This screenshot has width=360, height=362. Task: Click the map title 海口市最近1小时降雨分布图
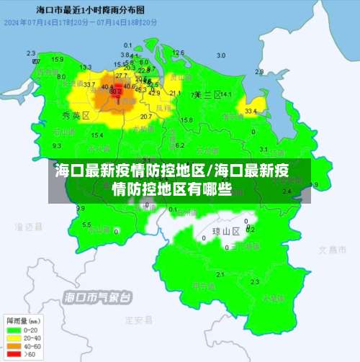tap(90, 12)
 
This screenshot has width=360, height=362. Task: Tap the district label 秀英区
tap(76, 115)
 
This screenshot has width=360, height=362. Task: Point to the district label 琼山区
tap(225, 232)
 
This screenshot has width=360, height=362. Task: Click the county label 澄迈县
tap(30, 227)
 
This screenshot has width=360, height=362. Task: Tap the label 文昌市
tap(333, 249)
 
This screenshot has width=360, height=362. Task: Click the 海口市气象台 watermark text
tap(98, 297)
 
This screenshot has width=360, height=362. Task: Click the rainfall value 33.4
tap(251, 112)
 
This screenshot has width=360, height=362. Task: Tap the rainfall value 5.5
tap(86, 225)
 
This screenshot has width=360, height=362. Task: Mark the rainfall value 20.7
tap(146, 116)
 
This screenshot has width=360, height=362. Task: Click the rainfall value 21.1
tap(175, 94)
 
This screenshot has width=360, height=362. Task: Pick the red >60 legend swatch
tap(13, 354)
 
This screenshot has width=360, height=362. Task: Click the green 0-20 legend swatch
tap(13, 330)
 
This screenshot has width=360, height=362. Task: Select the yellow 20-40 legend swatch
tap(13, 338)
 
